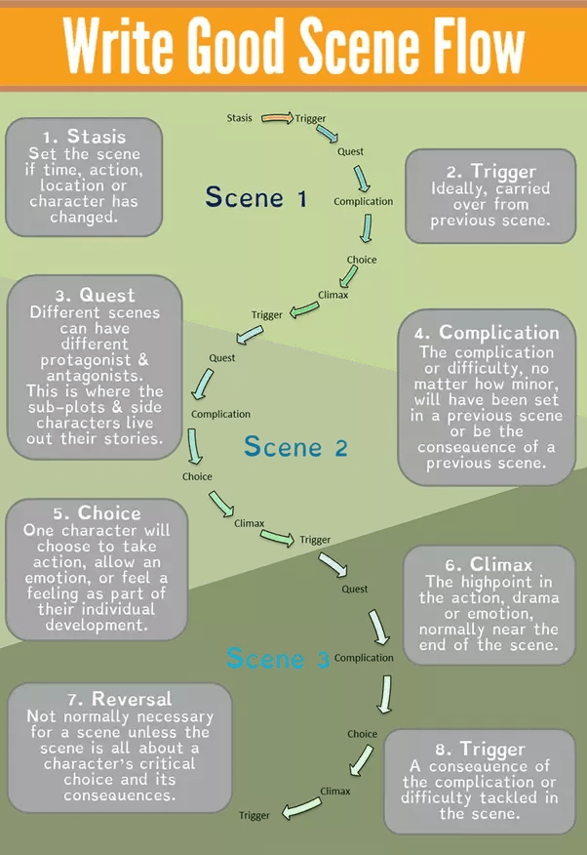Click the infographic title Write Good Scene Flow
point(293,45)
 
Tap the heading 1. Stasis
point(85,136)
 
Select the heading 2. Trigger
point(491,171)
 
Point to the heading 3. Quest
point(95,295)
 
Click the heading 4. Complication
point(487,333)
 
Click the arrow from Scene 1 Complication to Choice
point(367,228)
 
